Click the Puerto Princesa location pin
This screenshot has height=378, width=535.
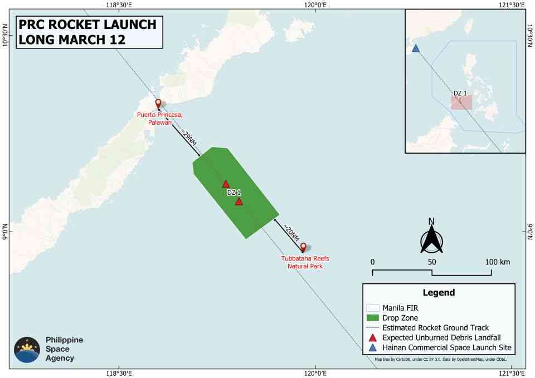[158, 104]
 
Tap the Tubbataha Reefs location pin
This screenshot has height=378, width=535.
[303, 247]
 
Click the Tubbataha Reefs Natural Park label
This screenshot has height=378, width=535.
[305, 262]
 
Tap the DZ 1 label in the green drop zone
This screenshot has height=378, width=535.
[234, 193]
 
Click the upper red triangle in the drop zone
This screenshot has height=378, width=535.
[226, 184]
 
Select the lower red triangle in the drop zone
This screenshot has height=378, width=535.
[239, 202]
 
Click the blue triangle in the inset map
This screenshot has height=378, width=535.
[415, 48]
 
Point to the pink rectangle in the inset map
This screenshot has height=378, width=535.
[462, 102]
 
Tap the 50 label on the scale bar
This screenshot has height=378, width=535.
[432, 262]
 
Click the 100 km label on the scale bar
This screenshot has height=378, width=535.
[498, 262]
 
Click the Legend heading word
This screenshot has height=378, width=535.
[439, 292]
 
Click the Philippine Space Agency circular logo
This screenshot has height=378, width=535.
[27, 350]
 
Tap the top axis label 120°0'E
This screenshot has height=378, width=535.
[315, 5]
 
